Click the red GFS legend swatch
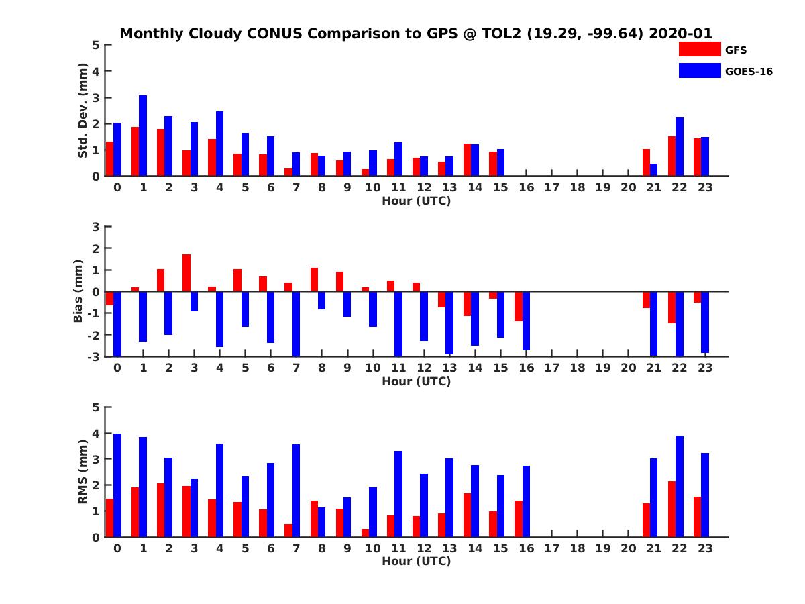(x=700, y=49)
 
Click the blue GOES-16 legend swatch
(x=700, y=70)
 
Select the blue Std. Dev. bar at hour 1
(x=143, y=136)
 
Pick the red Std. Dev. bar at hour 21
(x=646, y=162)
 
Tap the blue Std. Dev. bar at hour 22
(x=680, y=147)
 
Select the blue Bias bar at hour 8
(x=321, y=300)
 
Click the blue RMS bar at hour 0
(x=117, y=485)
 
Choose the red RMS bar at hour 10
(x=365, y=533)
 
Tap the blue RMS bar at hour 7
(x=296, y=491)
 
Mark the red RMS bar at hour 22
(x=672, y=509)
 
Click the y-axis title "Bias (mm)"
(x=79, y=292)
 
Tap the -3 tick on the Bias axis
(x=95, y=356)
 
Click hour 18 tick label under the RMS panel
(x=577, y=548)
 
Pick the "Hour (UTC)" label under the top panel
(x=416, y=201)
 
